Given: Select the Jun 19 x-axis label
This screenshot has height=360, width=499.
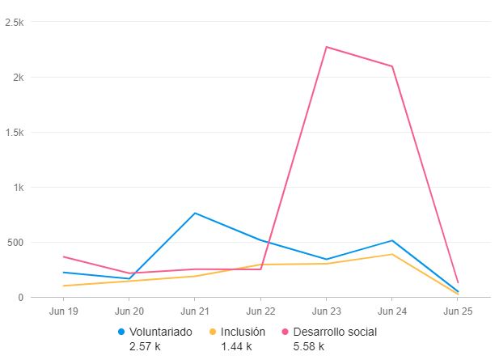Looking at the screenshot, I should [x=63, y=311].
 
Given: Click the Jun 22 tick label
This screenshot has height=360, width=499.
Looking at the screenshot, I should [x=260, y=311].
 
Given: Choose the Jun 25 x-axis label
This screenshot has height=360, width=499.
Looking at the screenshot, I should [x=457, y=311].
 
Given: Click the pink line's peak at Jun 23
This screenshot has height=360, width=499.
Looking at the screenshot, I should [x=326, y=47].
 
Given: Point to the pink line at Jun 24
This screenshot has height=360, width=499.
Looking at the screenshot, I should [x=392, y=66].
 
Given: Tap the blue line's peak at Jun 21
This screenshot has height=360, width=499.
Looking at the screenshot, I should [x=195, y=213].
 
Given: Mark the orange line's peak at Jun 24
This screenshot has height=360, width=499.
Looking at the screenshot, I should [x=392, y=254].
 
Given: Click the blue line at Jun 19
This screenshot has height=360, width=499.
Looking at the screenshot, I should [x=63, y=273].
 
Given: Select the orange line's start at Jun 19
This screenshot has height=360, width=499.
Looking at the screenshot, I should [x=63, y=286].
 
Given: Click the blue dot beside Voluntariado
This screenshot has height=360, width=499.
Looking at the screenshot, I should [x=122, y=332].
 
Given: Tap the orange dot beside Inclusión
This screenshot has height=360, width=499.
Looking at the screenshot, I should [x=214, y=332].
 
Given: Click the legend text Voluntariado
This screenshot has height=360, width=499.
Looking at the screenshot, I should [x=160, y=332].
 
